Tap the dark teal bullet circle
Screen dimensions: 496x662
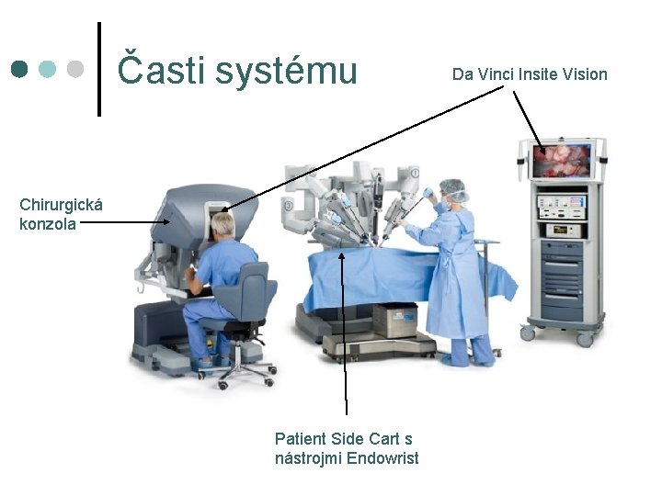point(19,69)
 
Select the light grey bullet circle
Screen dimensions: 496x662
point(76,69)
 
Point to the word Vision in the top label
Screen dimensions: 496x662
point(587,73)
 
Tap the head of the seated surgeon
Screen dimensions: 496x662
point(223,224)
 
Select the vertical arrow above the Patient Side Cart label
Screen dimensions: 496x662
point(345,331)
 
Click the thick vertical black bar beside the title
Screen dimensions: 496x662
point(99,69)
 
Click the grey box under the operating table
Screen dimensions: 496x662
point(394,319)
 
